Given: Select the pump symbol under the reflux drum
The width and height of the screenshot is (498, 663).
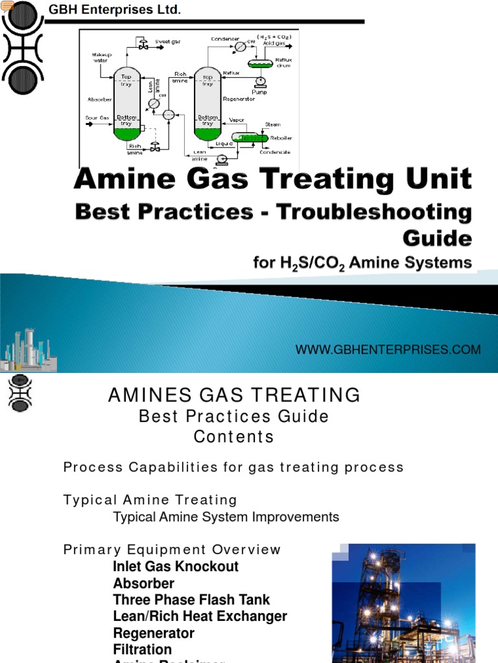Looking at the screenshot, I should (x=261, y=82).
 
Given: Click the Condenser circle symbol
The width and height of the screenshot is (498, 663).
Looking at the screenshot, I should (x=240, y=47).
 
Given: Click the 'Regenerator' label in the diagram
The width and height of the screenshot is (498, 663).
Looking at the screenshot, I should (x=238, y=100).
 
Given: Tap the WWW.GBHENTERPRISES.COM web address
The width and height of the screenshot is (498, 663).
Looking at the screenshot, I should (x=388, y=350).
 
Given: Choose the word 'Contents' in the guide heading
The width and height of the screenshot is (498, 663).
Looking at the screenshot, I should (x=233, y=436).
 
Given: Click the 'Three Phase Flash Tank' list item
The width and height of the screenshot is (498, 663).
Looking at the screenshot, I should (x=191, y=600).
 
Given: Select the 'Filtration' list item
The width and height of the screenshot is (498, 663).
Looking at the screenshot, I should (x=142, y=649).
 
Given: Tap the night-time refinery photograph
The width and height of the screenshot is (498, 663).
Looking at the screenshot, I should (x=403, y=603).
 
